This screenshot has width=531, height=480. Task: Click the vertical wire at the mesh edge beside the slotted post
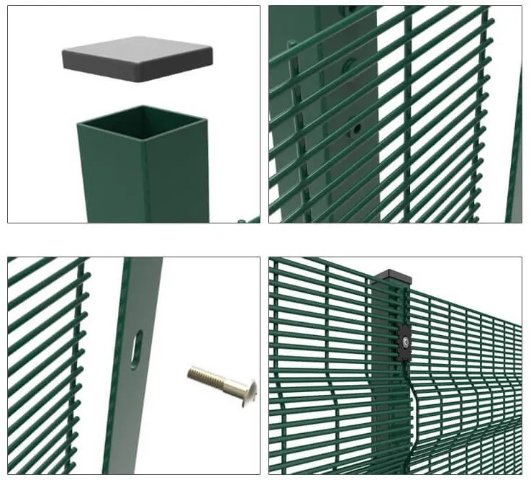click(x=81, y=360)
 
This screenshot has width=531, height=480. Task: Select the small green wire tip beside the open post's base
click(x=249, y=219)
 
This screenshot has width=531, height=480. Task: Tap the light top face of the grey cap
click(x=137, y=48)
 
